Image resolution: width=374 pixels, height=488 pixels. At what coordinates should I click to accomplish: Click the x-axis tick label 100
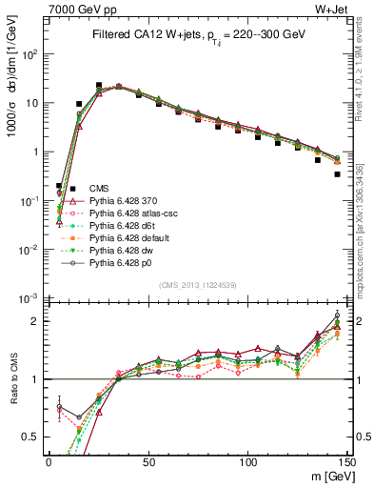tap(247, 460)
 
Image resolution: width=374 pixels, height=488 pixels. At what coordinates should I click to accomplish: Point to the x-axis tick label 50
tap(148, 460)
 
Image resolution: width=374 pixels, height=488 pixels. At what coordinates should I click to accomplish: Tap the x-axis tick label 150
tap(346, 460)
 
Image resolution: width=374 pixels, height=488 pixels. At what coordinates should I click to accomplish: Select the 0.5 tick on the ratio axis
tap(31, 437)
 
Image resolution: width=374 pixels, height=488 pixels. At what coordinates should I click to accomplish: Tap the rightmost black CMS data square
tap(337, 174)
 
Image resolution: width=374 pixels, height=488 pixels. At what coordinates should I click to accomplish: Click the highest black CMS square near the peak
tap(98, 86)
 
